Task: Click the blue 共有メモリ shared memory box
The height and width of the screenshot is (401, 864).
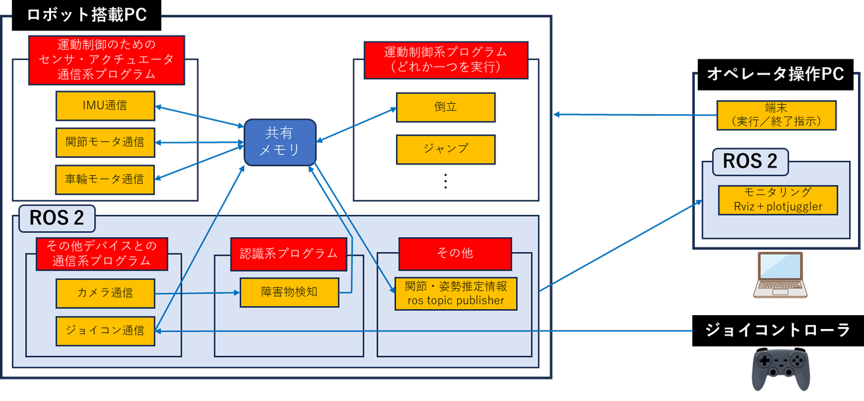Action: [280, 142]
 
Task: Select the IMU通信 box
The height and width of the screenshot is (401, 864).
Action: [105, 106]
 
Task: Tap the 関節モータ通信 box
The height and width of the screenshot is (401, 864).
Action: [105, 142]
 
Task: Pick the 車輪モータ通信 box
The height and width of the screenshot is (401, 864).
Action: [105, 179]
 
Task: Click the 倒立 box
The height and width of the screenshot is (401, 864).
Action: [446, 107]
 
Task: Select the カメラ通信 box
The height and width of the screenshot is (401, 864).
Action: [105, 294]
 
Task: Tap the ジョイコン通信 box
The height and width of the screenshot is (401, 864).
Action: [105, 331]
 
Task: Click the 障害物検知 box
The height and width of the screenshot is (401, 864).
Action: [289, 292]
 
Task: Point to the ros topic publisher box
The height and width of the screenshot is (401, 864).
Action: [455, 294]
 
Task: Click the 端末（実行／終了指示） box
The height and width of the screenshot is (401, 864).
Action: [777, 115]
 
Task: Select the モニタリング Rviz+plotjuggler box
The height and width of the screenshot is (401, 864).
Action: [778, 200]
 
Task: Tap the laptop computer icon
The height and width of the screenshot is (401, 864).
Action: [778, 274]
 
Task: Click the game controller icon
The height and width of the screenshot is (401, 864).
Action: [781, 370]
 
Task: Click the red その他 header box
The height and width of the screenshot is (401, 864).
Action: [455, 253]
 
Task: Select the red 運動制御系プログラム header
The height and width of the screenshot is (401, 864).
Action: [446, 60]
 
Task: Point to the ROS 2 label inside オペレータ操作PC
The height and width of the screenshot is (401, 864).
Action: [750, 161]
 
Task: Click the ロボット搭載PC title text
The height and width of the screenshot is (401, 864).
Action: [87, 15]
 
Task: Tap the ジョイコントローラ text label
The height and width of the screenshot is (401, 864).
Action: [778, 330]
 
